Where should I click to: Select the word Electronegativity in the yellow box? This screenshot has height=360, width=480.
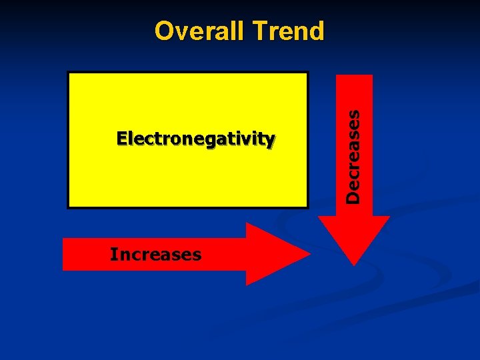point(195,139)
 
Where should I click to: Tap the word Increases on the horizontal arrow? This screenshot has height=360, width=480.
point(155,254)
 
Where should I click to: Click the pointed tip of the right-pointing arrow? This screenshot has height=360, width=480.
point(310,254)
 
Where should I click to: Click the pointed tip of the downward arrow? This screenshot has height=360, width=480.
point(355,264)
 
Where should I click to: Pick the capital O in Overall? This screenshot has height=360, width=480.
point(163,31)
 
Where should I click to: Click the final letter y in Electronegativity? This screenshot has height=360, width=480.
point(270,140)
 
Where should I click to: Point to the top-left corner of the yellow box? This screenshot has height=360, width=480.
point(69,73)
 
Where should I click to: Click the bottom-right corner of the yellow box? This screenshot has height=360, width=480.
point(307,207)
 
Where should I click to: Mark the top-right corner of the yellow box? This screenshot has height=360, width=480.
point(307,73)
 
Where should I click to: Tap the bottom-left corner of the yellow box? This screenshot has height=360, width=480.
point(69,207)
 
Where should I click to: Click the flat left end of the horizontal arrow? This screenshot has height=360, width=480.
point(64,254)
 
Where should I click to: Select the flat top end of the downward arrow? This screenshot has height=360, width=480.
point(355,76)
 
